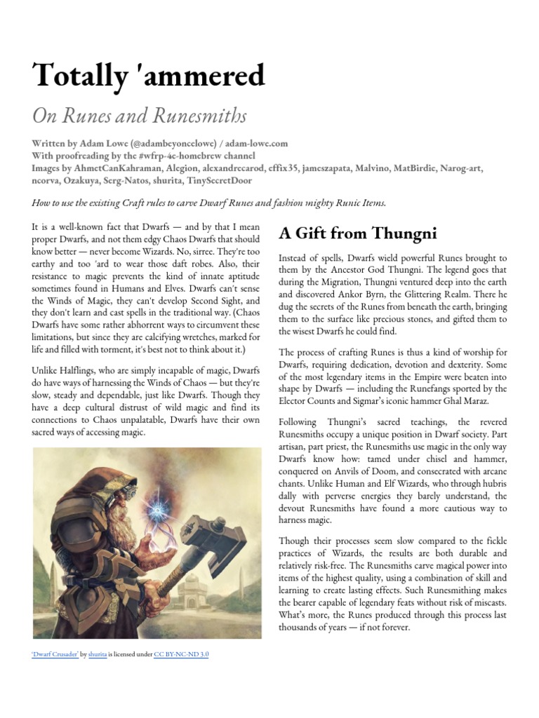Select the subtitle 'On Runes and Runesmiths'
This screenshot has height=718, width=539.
(139, 116)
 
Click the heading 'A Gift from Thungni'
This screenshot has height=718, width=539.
(358, 232)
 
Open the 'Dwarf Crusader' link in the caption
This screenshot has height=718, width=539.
(56, 653)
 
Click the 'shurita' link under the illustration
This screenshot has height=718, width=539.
(98, 653)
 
